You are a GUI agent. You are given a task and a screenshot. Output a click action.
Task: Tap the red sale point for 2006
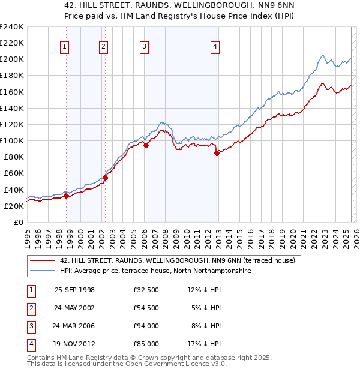tap(146, 145)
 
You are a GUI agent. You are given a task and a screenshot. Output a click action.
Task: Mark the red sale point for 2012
tap(217, 152)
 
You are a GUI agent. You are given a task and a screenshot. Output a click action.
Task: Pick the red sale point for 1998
tap(67, 196)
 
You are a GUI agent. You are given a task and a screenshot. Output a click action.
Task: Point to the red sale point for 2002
tap(105, 178)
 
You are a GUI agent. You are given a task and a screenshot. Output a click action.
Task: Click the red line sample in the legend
tap(43, 261)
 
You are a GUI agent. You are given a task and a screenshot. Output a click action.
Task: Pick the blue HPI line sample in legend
tap(43, 271)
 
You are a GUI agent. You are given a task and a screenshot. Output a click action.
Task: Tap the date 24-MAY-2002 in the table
tap(74, 308)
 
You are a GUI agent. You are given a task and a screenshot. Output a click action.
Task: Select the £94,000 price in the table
tap(146, 326)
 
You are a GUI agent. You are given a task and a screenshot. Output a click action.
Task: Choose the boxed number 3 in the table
tap(29, 326)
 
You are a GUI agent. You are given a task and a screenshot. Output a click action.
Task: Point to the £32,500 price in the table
tap(146, 290)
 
